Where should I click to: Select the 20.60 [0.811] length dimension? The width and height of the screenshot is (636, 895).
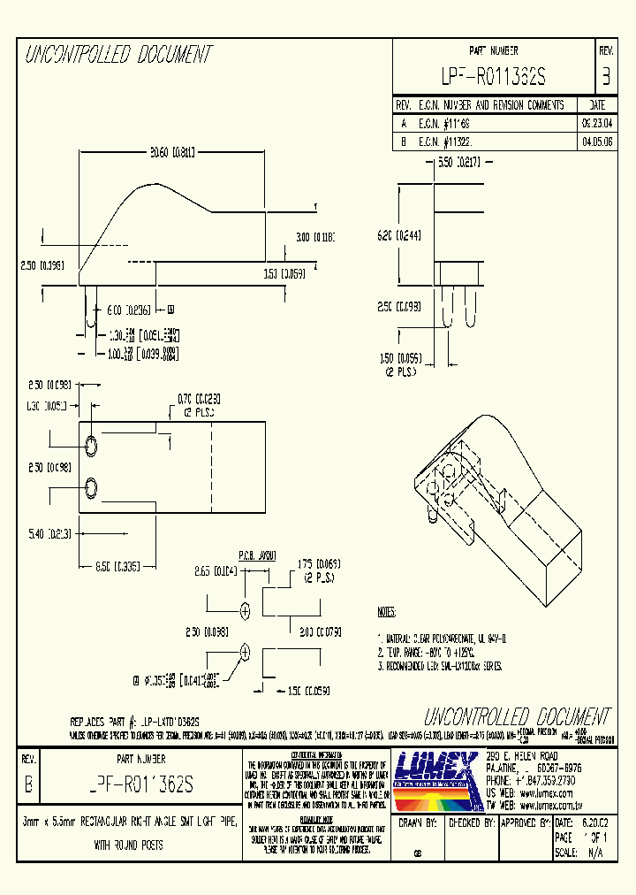[x=173, y=150]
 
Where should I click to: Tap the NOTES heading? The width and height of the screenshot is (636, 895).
[x=387, y=612]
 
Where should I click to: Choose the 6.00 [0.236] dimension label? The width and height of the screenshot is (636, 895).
[x=129, y=310]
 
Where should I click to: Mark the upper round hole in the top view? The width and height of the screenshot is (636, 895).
[x=92, y=441]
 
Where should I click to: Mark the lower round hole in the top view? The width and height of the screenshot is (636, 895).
[x=92, y=486]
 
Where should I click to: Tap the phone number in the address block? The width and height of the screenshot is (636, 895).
[x=528, y=782]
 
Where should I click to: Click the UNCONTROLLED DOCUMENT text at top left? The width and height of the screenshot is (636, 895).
[x=118, y=55]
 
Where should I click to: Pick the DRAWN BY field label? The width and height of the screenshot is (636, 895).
[x=419, y=822]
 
